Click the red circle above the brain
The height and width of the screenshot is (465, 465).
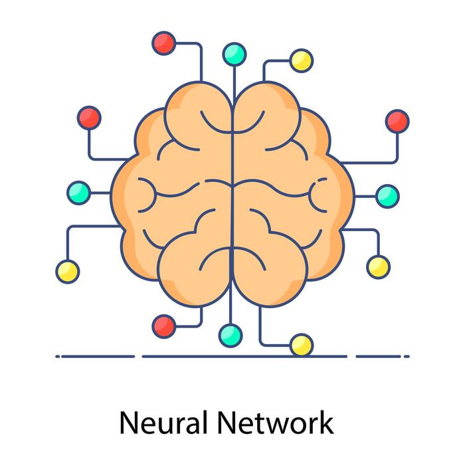coord(163,43)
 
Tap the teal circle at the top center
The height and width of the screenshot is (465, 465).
coord(234,54)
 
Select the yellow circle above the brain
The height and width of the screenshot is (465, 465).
coord(301,60)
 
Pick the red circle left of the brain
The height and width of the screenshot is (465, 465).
coord(89,118)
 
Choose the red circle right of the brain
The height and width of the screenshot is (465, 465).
coord(397,121)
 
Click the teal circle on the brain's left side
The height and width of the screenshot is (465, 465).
coord(78,193)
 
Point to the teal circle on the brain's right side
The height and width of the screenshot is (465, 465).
coord(387,195)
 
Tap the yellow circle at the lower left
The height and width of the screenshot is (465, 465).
coord(67,271)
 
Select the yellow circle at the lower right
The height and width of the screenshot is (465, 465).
coord(378,266)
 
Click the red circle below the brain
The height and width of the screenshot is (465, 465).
coord(163,325)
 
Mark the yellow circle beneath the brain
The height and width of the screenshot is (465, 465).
coord(301,345)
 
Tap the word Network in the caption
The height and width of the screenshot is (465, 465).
coord(275,421)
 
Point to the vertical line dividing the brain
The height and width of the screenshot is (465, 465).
coord(232,199)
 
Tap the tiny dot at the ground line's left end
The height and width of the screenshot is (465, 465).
coord(58,357)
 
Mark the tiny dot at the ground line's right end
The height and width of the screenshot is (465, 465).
coord(407,357)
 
